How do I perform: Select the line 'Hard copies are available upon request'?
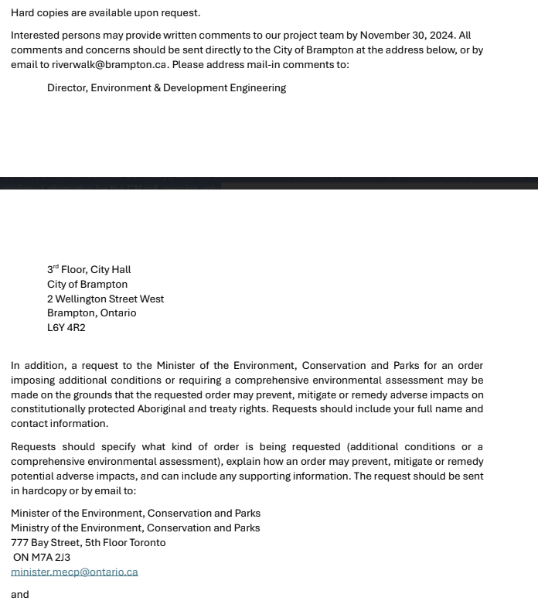[x=105, y=13]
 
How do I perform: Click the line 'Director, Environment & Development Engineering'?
[x=166, y=88]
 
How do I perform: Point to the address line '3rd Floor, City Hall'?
[x=89, y=270]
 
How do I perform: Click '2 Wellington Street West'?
[x=105, y=299]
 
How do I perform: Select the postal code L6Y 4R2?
[x=66, y=328]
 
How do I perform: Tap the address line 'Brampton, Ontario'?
[x=91, y=313]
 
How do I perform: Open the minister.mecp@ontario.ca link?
[x=74, y=572]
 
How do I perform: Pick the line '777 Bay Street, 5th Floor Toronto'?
[x=88, y=543]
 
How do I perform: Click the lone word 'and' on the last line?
[x=20, y=595]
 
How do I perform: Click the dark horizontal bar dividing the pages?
[x=269, y=183]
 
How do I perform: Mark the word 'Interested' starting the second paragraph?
[x=36, y=36]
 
